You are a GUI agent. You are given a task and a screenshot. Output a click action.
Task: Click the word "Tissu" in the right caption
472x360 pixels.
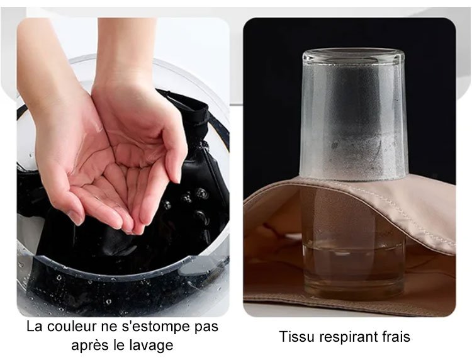[297, 336]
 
